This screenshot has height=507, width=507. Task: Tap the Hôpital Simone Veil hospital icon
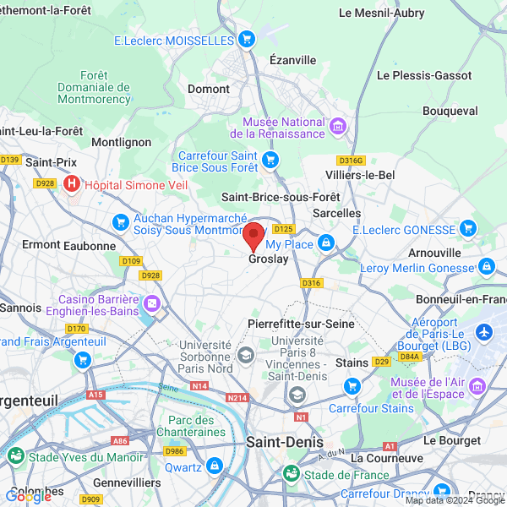pyautogui.click(x=72, y=183)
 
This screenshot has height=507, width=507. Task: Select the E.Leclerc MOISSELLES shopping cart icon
pyautogui.click(x=247, y=39)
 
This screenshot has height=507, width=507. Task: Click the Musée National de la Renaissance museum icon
pyautogui.click(x=339, y=127)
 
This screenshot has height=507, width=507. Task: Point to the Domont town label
pyautogui.click(x=209, y=89)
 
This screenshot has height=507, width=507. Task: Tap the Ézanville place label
pyautogui.click(x=292, y=60)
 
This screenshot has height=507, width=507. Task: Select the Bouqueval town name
pyautogui.click(x=450, y=111)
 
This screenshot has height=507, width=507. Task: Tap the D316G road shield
pyautogui.click(x=350, y=160)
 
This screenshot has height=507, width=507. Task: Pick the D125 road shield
pyautogui.click(x=283, y=229)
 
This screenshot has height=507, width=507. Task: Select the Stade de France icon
pyautogui.click(x=291, y=474)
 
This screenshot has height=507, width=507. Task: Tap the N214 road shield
pyautogui.click(x=237, y=397)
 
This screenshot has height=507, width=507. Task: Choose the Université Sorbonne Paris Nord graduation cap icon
pyautogui.click(x=246, y=353)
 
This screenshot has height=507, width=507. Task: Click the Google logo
pyautogui.click(x=28, y=497)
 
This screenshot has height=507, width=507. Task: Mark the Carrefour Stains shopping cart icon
pyautogui.click(x=352, y=386)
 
